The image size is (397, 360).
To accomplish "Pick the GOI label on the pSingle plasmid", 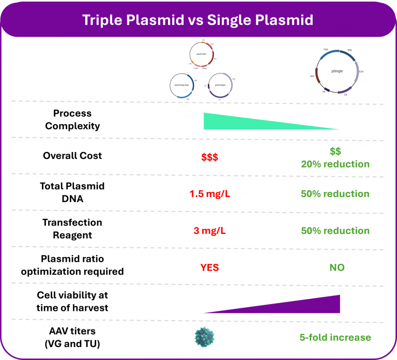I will tap(312, 76).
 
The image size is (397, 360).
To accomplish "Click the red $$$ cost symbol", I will tap(209, 156).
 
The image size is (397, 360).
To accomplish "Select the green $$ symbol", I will tap(335, 151).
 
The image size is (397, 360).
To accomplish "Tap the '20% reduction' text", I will tap(335, 164).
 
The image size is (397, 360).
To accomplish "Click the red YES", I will tap(209, 267).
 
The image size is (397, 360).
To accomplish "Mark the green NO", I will tap(337, 267).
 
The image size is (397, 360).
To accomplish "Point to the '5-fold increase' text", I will tap(335, 337).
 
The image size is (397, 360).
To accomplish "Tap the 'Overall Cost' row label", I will tap(72, 156).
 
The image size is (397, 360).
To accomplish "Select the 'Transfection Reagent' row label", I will tap(72, 228).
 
